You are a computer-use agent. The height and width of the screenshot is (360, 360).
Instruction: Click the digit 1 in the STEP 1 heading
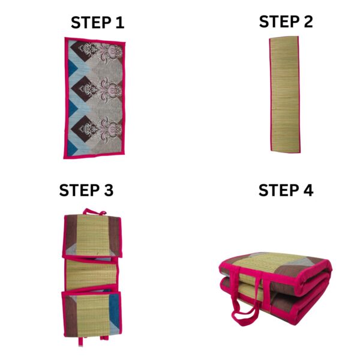pos(120,23)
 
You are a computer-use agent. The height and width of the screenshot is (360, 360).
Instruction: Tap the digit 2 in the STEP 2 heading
pos(308,22)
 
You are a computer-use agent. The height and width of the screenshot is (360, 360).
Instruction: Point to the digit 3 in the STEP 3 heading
pos(109,190)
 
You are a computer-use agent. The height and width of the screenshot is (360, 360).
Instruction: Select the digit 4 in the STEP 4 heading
pos(308,190)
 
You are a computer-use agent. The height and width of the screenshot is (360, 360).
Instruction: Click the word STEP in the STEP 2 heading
pos(279,22)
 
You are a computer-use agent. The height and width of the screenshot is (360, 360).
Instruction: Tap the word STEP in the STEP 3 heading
pos(79,190)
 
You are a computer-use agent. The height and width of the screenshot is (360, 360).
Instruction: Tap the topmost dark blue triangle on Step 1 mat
pos(72,68)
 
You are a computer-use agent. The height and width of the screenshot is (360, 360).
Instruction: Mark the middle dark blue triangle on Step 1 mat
pos(72,109)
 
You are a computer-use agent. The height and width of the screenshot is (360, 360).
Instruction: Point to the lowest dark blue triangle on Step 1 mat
pos(71,148)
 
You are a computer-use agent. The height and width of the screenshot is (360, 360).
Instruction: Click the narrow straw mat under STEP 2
pos(284,94)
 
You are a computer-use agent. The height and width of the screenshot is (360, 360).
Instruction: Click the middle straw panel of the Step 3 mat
pos(91,274)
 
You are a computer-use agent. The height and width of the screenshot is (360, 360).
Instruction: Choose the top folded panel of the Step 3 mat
pos(92,236)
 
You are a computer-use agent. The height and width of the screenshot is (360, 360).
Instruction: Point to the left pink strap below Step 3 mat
pos(80,341)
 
